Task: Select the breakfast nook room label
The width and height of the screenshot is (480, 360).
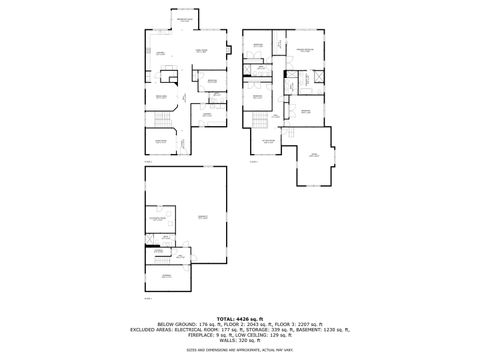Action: [185, 19]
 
